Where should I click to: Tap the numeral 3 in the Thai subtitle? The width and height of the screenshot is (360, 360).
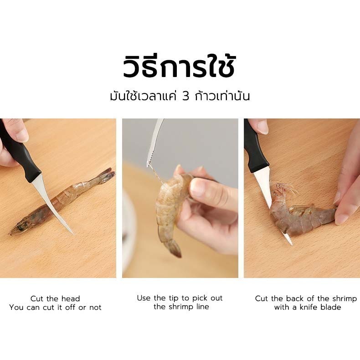pyautogui.click(x=185, y=96)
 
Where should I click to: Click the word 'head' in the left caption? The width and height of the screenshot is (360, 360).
pyautogui.click(x=71, y=298)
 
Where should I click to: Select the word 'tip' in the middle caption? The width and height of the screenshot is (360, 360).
pyautogui.click(x=174, y=298)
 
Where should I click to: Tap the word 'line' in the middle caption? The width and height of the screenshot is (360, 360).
pyautogui.click(x=202, y=307)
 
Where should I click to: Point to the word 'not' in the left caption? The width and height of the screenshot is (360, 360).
pyautogui.click(x=95, y=308)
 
